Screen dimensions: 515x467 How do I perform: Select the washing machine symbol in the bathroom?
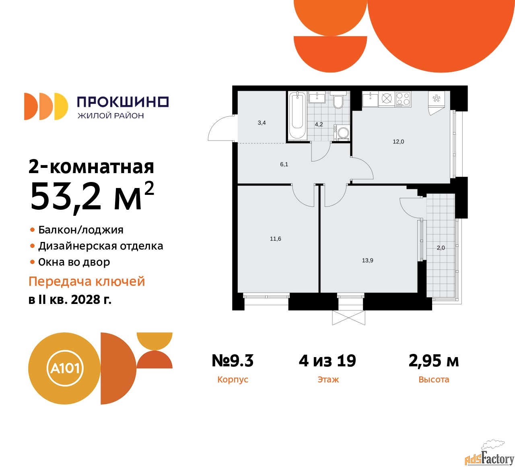[342, 132]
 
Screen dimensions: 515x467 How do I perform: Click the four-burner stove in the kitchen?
[403, 99]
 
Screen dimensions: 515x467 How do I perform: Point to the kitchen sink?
[370, 99]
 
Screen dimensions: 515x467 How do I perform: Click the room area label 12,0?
[398, 142]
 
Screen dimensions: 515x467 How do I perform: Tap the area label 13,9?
[367, 260]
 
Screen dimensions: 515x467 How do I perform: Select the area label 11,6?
[276, 239]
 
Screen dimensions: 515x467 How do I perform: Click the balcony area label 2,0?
[441, 248]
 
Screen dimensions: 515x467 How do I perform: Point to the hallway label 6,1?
[284, 164]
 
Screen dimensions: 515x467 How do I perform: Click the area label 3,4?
[262, 123]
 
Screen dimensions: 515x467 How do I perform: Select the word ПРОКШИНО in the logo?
[123, 102]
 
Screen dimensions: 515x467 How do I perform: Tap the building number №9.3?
[233, 360]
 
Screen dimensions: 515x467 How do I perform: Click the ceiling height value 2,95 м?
[434, 361]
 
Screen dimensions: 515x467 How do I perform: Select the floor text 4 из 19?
[328, 360]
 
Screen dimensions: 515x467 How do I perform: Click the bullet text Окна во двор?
[74, 262]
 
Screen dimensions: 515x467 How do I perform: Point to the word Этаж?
[328, 379]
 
